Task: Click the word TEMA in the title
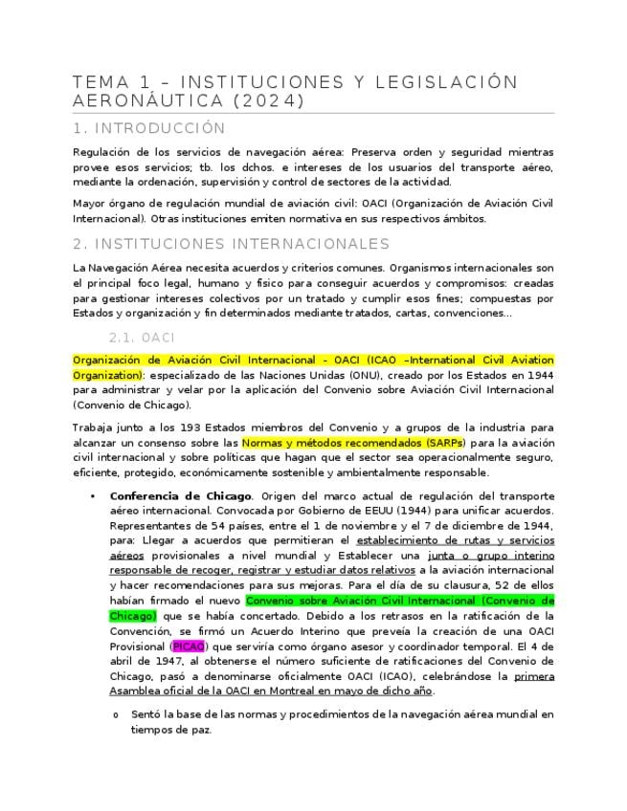click(x=99, y=81)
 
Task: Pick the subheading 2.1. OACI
click(x=142, y=338)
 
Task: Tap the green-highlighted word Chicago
click(x=133, y=615)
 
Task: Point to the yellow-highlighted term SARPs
click(x=446, y=444)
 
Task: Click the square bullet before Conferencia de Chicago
click(x=92, y=496)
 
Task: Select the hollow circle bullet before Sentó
click(x=115, y=715)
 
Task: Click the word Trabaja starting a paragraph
click(x=95, y=427)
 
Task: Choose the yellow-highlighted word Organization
click(x=106, y=375)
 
